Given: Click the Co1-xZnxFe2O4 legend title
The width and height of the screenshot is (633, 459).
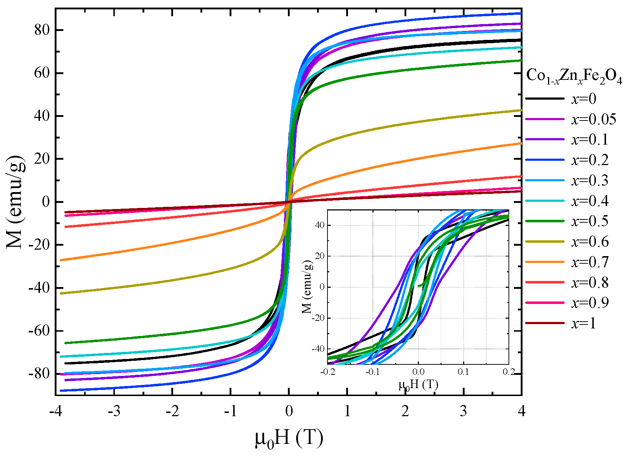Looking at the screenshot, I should [x=574, y=77].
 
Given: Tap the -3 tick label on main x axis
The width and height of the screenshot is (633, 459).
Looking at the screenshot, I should [x=114, y=411].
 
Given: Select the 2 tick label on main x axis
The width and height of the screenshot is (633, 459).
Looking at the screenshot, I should [x=405, y=411].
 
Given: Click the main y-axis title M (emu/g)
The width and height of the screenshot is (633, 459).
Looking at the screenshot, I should [x=16, y=201].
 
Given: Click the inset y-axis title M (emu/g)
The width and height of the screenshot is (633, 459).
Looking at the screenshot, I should [x=307, y=287].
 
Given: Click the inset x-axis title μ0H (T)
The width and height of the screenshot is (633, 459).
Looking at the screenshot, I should [x=418, y=385].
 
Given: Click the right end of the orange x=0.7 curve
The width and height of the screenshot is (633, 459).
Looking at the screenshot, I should [x=521, y=143].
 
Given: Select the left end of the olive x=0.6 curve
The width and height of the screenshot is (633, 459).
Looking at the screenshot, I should [x=61, y=294].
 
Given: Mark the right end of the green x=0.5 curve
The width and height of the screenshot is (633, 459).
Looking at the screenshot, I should [x=521, y=60].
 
